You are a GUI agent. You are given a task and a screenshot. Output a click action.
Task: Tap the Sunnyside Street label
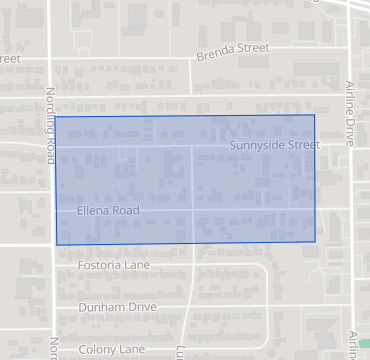tap(274, 145)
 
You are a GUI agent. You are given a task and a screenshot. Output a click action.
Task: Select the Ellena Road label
tap(107, 211)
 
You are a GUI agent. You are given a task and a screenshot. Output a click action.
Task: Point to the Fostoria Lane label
tap(112, 267)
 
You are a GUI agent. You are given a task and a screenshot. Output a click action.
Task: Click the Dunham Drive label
tap(117, 307)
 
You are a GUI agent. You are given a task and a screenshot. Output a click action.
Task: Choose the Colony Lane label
tap(111, 350)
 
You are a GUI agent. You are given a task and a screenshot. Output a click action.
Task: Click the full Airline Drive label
tap(351, 114)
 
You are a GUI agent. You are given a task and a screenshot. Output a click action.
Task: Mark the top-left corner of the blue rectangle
tap(55, 117)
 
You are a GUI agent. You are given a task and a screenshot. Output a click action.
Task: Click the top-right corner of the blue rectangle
tap(315, 115)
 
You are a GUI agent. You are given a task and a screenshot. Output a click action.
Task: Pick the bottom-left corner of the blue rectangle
tap(56, 244)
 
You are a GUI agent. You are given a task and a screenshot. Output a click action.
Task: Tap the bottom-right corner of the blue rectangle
tap(316, 242)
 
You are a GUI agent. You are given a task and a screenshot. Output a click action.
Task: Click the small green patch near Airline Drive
tap(364, 343)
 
